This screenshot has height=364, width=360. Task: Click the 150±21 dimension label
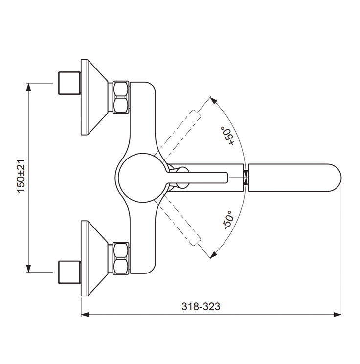coord(21,176)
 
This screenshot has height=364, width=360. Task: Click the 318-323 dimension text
coord(201,306)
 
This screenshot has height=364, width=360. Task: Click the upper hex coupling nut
coord(121,97)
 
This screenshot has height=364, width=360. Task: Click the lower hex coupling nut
coord(121,258)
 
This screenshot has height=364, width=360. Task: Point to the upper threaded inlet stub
coord(69,83)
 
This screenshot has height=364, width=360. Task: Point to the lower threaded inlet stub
coord(69,273)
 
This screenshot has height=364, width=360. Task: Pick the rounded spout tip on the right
coord(295,178)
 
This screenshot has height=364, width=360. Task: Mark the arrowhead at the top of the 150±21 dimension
coord(28,87)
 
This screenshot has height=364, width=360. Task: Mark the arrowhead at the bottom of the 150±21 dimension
coord(28,268)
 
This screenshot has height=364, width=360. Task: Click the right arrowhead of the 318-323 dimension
coord(337,315)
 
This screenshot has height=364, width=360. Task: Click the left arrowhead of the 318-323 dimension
coord(85,315)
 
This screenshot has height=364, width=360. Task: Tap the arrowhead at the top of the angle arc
coord(213,101)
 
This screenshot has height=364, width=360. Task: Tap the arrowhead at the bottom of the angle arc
coord(213,254)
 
